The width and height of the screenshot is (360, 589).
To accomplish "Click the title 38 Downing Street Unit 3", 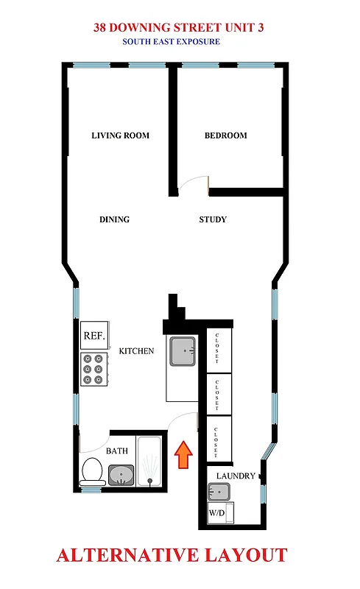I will (x=179, y=28).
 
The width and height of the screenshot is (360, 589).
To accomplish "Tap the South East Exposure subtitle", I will (x=172, y=42).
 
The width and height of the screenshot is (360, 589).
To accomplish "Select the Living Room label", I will (x=120, y=135).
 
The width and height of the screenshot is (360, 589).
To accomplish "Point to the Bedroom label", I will (x=225, y=135).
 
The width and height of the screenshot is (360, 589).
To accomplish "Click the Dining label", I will (x=114, y=219).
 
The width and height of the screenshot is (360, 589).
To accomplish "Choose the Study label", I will (x=213, y=219).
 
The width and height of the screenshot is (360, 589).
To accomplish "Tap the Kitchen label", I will (x=136, y=351).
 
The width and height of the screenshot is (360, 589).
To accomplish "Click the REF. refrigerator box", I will (x=93, y=336).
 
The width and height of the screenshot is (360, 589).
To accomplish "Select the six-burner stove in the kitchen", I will (x=93, y=370).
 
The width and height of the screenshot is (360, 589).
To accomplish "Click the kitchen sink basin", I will (x=182, y=351).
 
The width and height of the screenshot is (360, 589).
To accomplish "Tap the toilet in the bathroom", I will (x=91, y=470).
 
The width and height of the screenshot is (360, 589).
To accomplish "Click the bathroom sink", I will (x=121, y=475).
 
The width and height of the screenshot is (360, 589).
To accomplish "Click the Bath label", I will (x=117, y=451).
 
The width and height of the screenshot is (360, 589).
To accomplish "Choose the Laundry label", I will (x=235, y=476).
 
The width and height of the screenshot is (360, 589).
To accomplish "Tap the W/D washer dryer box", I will (x=217, y=512).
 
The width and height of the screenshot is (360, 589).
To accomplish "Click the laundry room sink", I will (x=219, y=492).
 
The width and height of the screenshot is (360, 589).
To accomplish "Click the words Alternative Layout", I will (x=172, y=555).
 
